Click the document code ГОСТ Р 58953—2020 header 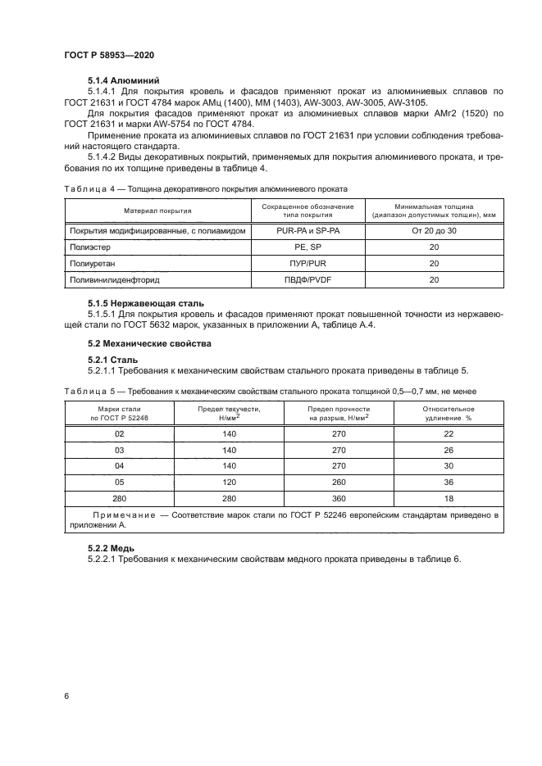108,54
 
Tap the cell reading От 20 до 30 434,232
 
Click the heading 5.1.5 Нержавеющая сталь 146,303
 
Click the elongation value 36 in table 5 448,482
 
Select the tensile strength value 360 339,497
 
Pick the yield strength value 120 230,482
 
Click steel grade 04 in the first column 120,466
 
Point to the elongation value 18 448,497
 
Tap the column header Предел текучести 230,408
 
